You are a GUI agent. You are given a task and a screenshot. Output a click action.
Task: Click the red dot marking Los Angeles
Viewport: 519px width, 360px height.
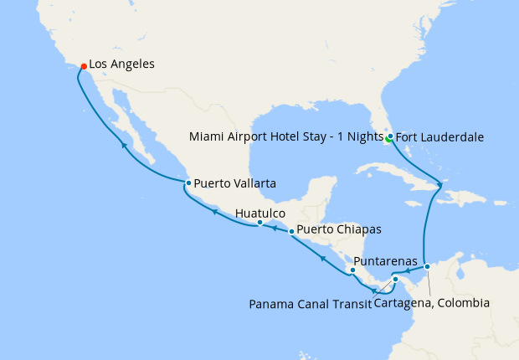(x=83, y=64)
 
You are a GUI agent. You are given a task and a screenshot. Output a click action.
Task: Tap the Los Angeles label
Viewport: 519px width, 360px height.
(x=121, y=64)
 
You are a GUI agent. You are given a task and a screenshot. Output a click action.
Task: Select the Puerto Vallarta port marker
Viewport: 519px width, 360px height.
(x=188, y=183)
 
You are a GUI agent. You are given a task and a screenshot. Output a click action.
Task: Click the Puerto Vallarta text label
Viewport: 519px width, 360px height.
(x=235, y=183)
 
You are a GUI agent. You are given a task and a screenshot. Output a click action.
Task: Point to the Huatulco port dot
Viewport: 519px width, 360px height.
(x=259, y=223)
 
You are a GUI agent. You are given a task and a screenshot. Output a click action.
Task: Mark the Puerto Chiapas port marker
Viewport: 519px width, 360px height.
(x=291, y=230)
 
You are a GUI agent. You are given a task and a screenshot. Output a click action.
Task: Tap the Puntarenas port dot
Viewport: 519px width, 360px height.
(x=352, y=270)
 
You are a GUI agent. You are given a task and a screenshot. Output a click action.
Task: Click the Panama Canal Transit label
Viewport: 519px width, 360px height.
(x=310, y=303)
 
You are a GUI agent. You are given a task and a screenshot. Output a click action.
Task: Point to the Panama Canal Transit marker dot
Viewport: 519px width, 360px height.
(x=396, y=280)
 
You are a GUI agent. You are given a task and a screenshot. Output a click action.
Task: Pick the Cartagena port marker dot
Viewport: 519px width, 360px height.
(x=427, y=266)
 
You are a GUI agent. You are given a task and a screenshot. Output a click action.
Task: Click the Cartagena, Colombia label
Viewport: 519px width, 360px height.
(x=432, y=303)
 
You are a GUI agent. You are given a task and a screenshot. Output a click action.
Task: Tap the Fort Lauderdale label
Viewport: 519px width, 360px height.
(x=439, y=136)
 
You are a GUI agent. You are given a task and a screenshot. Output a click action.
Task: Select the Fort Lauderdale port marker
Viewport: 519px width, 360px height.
(x=390, y=136)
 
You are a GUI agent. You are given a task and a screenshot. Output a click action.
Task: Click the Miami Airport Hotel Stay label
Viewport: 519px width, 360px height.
(x=285, y=136)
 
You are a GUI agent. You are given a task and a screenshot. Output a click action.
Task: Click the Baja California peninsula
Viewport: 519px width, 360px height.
(x=126, y=126)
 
